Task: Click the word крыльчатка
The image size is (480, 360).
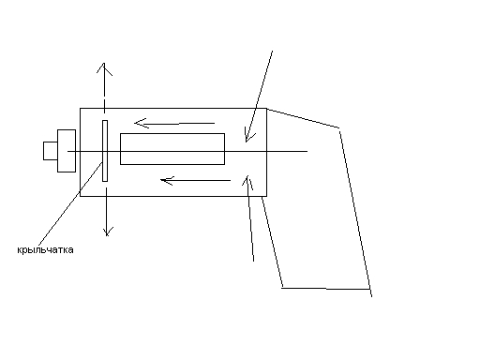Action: point(45,250)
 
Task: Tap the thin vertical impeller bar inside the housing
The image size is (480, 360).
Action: point(105,151)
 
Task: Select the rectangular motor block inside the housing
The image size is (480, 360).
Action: point(172,149)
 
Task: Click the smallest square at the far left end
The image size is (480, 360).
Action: point(51,151)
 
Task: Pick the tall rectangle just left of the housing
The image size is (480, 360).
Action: point(67,151)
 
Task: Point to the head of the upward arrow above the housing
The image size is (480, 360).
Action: point(104,64)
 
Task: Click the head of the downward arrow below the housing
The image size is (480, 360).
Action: point(107,235)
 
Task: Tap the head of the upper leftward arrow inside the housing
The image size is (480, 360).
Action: point(135,123)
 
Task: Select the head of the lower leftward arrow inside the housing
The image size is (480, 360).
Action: point(160,180)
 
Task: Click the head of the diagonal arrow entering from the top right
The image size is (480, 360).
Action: point(247,142)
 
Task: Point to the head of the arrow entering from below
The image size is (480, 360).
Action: point(247,175)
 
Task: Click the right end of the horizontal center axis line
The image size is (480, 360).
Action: point(307,151)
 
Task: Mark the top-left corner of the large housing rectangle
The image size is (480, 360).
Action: point(81,109)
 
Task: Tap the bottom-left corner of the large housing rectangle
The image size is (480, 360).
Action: point(81,196)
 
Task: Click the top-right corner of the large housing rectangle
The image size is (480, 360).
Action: point(266,109)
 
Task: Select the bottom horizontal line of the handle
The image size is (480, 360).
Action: point(326,289)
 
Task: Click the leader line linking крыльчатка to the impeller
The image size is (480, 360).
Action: point(70,203)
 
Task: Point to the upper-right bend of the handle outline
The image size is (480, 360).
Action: point(339,128)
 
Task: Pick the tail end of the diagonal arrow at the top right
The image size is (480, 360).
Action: point(273,51)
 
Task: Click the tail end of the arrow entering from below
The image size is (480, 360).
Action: point(253,261)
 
